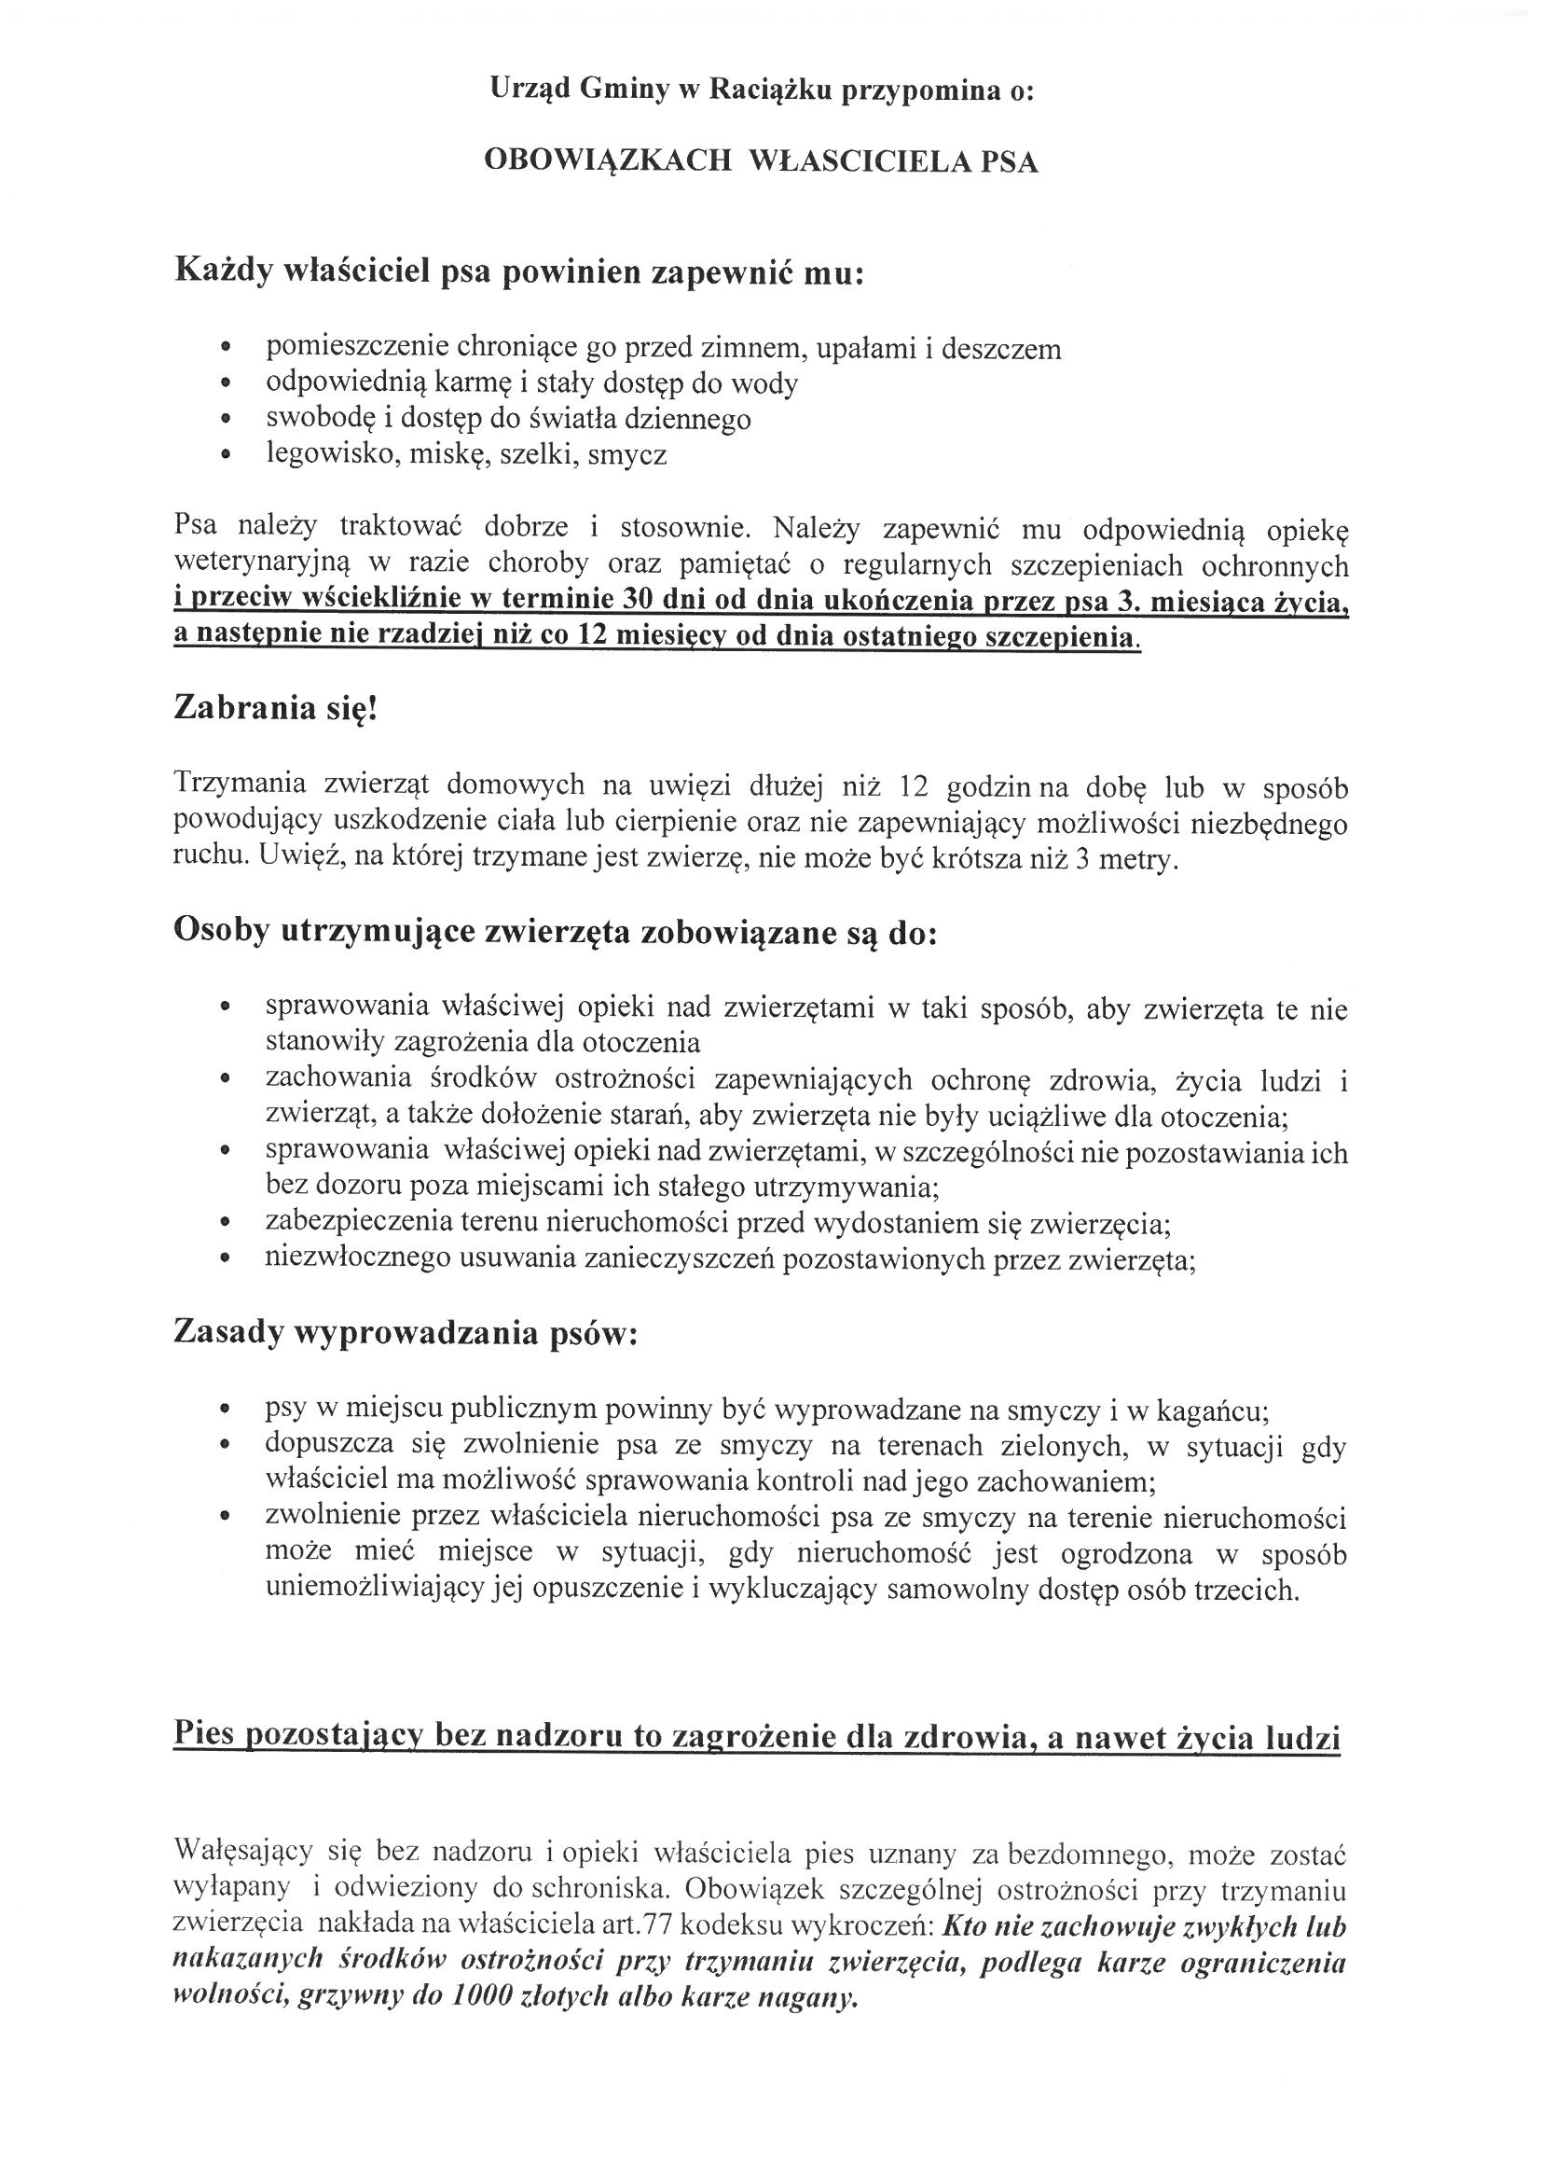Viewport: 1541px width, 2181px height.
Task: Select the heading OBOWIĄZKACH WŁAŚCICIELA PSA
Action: (761, 162)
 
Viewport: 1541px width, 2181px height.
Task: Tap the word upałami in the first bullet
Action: (869, 349)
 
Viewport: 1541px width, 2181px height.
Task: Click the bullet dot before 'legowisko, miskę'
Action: (225, 455)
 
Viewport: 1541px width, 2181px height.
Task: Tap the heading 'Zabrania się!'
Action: (275, 709)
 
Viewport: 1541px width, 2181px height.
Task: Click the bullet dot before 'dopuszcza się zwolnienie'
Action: (225, 1447)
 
